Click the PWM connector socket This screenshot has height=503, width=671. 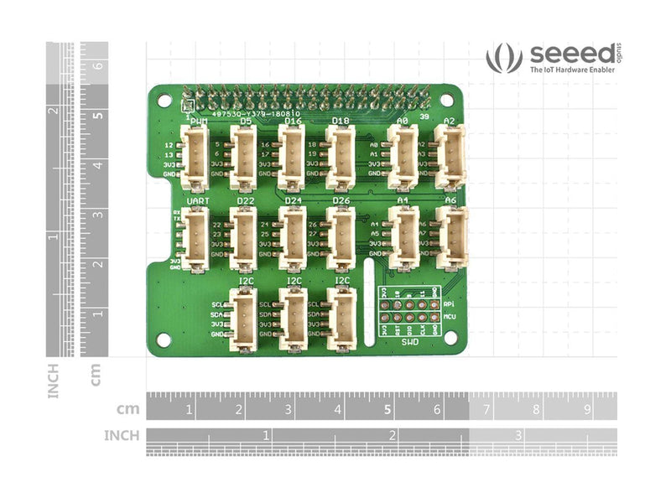pos(195,157)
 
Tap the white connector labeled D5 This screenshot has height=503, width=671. pos(244,157)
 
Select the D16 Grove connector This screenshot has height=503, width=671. pos(292,157)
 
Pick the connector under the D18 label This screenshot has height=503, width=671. pos(341,157)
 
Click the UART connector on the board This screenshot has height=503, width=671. pos(195,240)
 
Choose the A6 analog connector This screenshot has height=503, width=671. pos(451,237)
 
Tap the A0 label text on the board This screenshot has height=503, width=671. pos(402,121)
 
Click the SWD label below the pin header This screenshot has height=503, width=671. pos(409,342)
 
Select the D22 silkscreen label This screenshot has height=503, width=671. pos(245,201)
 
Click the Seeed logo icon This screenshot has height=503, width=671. pos(504,59)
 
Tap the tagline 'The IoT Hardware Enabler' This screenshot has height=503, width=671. pos(572,71)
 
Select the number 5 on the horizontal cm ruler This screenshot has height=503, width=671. pos(387,411)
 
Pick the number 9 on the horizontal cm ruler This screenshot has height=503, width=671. pos(585,411)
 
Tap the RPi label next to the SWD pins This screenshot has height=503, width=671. pos(449,304)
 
